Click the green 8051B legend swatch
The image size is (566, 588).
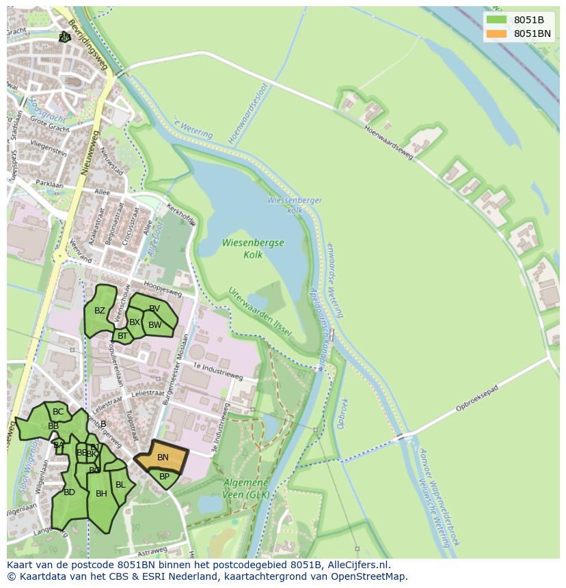497,20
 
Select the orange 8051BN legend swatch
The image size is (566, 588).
497,33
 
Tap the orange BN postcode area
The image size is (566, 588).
162,458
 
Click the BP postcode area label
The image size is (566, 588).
164,477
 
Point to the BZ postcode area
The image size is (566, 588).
100,311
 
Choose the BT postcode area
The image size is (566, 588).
122,335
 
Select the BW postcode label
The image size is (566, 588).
155,325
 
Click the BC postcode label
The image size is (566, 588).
58,412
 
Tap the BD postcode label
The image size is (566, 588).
69,492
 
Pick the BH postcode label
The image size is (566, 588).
101,494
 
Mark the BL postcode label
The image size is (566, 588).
120,485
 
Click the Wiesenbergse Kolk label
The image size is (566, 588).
253,249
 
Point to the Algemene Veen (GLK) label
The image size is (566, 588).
246,488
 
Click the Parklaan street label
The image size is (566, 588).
49,184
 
